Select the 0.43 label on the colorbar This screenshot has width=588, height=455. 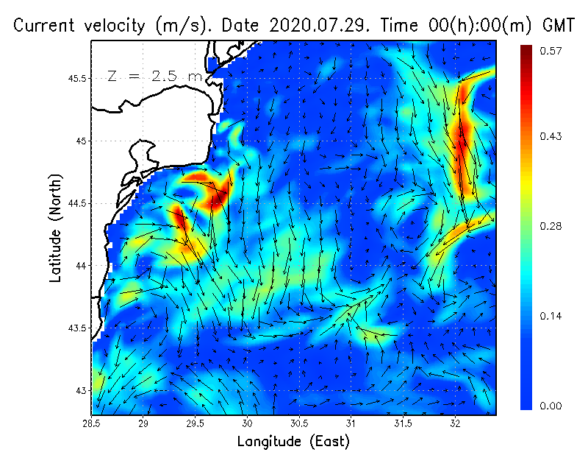coord(551,137)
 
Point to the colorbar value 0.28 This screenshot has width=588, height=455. coord(551,227)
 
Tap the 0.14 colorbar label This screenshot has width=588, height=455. coord(551,317)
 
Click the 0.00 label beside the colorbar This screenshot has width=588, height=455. coord(551,406)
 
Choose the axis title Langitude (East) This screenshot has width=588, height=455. coord(293,442)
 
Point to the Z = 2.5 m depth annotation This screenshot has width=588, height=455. coord(154,76)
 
